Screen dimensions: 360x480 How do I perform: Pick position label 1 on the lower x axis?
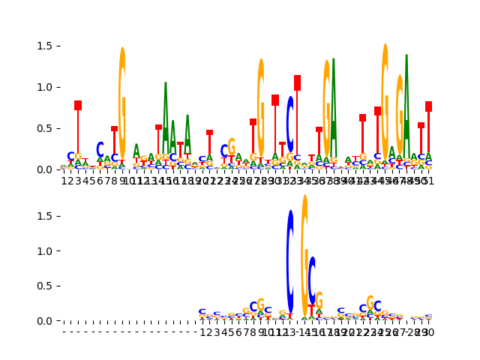(202, 331)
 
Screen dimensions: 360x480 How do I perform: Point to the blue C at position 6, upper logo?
(100, 150)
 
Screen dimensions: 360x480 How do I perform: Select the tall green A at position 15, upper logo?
(165, 120)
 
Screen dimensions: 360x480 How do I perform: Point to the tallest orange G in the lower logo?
(304, 247)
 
